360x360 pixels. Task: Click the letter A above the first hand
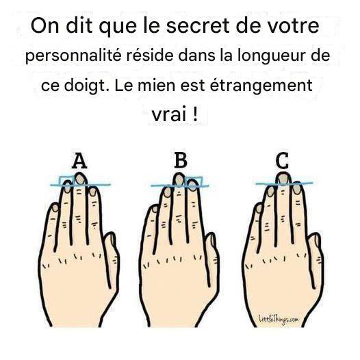coord(79,161)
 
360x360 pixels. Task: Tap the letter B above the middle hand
coord(181,160)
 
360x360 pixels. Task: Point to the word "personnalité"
coord(73,56)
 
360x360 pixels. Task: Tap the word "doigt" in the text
coord(85,86)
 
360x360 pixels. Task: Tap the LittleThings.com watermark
coord(279,320)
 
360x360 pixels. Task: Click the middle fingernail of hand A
coord(80,179)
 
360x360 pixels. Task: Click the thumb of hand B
coord(212,259)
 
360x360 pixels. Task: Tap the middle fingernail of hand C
coord(283,179)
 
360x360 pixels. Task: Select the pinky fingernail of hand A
coord(55,208)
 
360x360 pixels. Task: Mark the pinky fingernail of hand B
coord(155,209)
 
